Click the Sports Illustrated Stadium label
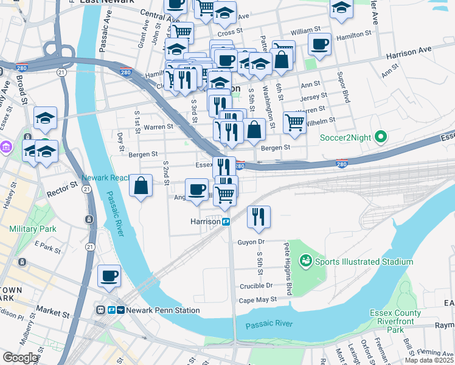363,262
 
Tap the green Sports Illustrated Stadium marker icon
305,262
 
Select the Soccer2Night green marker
381,137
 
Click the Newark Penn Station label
163,310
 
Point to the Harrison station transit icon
226,222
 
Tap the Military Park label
33,229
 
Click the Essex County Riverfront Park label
395,322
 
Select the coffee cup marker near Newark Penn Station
109,276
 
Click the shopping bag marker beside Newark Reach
141,186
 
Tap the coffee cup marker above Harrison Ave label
319,44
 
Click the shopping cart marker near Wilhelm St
294,121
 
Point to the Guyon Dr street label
270,242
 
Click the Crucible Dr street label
256,285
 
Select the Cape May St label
258,299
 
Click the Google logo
20,358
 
